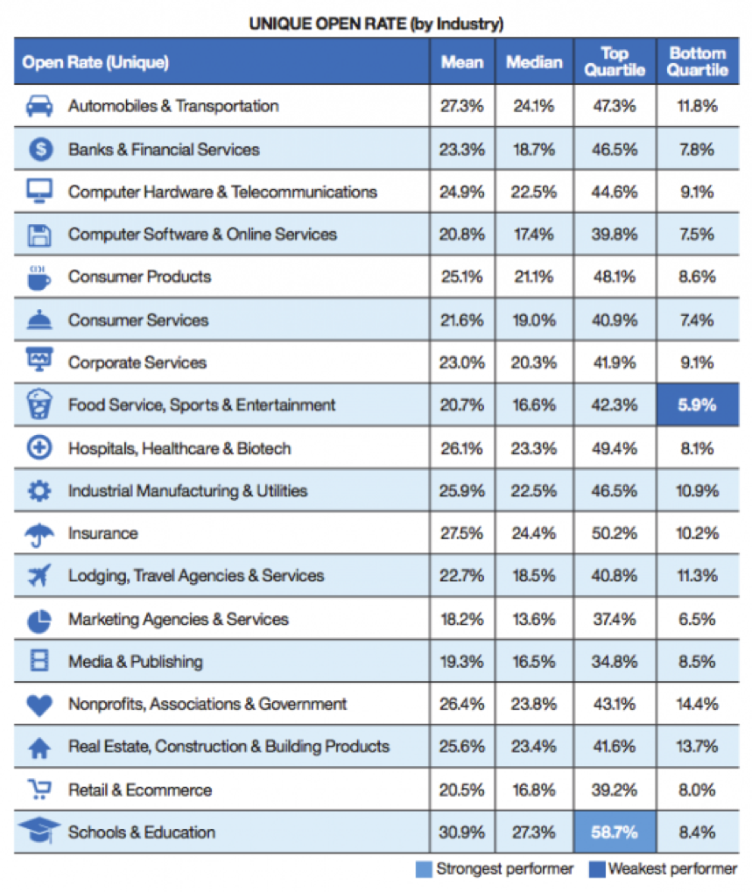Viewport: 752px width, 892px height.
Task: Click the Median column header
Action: point(534,62)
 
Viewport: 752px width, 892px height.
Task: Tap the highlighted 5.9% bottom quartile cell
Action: point(697,405)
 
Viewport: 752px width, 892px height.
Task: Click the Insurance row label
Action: point(104,533)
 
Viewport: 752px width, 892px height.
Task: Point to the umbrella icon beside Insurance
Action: point(39,534)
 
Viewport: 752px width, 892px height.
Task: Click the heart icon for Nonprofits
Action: point(39,705)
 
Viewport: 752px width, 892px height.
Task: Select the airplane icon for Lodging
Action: point(39,576)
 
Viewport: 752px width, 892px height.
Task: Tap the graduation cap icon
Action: point(39,831)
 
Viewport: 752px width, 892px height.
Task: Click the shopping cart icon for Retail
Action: point(39,790)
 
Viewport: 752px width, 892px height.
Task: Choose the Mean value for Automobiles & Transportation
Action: point(461,106)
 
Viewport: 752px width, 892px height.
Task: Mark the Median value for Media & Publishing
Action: point(534,662)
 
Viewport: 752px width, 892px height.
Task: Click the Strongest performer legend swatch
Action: point(425,869)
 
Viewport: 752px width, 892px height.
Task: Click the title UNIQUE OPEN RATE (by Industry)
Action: point(376,24)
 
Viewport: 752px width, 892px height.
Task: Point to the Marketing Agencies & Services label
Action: point(179,619)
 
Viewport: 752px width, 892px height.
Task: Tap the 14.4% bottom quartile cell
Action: point(697,704)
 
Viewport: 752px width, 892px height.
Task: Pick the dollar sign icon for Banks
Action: point(39,150)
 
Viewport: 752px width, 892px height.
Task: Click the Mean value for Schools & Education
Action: point(461,832)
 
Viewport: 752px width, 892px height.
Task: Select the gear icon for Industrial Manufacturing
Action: point(39,491)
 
